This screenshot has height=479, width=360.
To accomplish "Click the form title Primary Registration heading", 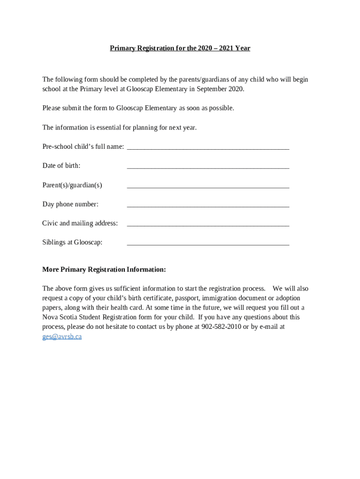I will point(180,48).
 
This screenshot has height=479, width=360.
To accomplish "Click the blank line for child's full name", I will point(208,148).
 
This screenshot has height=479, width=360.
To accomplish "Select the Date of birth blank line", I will point(208,167).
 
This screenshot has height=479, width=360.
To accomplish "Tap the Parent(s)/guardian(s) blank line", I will point(208,186).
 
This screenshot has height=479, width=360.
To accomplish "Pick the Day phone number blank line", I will point(208,205).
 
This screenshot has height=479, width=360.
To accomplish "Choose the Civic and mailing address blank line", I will point(208,225).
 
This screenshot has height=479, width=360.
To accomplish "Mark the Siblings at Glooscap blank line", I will point(208,244).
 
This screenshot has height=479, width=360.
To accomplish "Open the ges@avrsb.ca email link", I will point(62,336).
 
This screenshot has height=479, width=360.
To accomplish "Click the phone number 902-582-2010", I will point(221,327).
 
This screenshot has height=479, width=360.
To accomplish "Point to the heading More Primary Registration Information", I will point(104,269).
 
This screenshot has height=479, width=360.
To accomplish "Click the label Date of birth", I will point(61,166).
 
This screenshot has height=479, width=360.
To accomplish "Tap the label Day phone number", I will point(70,204).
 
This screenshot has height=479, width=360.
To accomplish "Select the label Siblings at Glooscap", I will point(72,242).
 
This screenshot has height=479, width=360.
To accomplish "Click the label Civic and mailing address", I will point(80,223).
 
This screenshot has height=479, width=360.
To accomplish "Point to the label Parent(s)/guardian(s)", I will point(72,185).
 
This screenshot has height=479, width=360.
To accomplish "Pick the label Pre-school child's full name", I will point(83,146).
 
